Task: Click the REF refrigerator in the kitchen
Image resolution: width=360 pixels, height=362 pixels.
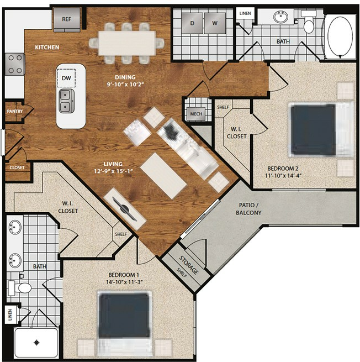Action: coord(67,20)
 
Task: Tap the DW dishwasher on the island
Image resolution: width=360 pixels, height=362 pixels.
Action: coord(66,78)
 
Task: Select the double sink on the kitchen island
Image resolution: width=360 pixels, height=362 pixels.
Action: coord(66,101)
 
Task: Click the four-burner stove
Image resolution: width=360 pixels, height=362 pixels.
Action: coord(15,64)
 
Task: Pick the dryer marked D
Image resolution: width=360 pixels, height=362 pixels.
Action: coord(192,23)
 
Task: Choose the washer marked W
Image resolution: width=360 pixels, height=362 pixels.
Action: coord(215,23)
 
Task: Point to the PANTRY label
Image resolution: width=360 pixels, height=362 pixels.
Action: coord(15,111)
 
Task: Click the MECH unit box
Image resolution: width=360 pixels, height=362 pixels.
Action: coord(196,114)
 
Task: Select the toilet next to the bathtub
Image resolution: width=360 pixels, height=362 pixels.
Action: coord(309,22)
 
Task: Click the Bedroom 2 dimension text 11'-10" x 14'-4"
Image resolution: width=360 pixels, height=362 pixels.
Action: coord(283,176)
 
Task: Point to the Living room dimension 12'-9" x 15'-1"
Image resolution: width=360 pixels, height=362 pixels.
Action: coord(113,171)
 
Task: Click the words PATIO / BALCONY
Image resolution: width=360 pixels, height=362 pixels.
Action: coord(248,209)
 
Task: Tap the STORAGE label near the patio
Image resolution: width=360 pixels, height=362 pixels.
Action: coord(189,265)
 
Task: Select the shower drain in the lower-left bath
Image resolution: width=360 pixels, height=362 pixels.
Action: coord(36,343)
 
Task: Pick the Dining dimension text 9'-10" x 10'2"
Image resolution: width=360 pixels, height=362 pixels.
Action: coord(125,85)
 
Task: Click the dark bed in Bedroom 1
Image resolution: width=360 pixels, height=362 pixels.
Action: coord(124,315)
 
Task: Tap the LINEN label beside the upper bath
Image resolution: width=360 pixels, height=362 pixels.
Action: coord(245,13)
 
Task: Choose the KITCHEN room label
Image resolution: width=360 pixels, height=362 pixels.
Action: coord(47,48)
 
